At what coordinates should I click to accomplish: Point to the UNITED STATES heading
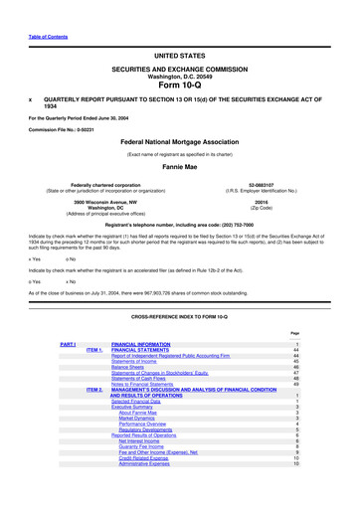[x=179, y=57]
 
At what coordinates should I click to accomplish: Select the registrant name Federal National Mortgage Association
[x=180, y=142]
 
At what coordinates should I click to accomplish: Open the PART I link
[x=69, y=343]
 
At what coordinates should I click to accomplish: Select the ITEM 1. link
[x=94, y=350]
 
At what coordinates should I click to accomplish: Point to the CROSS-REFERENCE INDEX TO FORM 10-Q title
[x=179, y=316]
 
